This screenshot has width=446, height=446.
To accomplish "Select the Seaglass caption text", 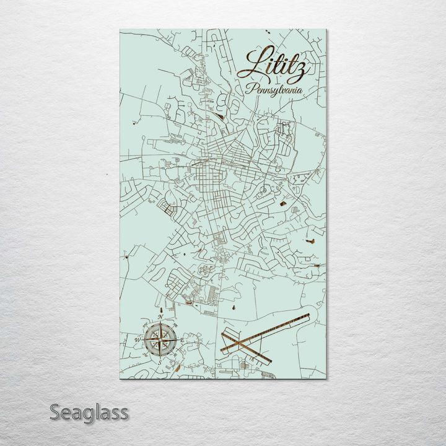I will tap(89, 412).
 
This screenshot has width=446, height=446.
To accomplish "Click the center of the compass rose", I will tap(161, 339).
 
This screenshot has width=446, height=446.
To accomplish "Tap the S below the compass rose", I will tap(160, 362).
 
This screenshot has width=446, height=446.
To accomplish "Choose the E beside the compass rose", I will tap(183, 339).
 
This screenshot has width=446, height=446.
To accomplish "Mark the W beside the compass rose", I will tap(138, 340).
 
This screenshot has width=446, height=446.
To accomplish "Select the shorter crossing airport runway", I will tap(247, 348).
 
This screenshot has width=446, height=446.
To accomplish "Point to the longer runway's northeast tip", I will tap(308, 315).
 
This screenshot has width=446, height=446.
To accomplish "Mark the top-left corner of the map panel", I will tap(120, 29).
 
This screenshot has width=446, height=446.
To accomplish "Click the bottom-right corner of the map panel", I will tap(326, 378).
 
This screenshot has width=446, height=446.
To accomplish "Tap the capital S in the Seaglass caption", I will tap(55, 412).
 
